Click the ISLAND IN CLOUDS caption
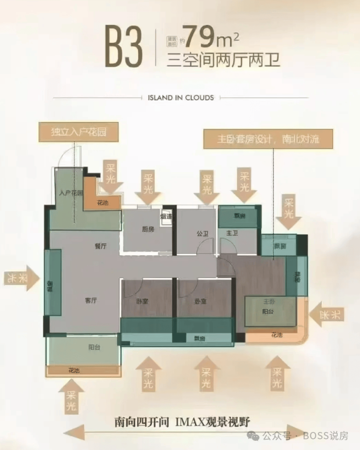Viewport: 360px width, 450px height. tap(180, 98)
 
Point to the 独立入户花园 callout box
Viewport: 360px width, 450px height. tap(79, 132)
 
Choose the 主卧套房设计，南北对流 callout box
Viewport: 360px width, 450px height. tap(268, 139)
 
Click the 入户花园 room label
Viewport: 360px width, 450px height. tap(71, 193)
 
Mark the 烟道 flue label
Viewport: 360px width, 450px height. tap(166, 217)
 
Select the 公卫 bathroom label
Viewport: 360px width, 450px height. tap(202, 234)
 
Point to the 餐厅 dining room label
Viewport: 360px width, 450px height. tap(101, 246)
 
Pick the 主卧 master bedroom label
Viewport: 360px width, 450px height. tap(270, 301)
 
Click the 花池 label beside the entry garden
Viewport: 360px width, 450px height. tap(102, 203)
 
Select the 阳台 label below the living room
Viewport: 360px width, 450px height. tap(94, 347)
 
